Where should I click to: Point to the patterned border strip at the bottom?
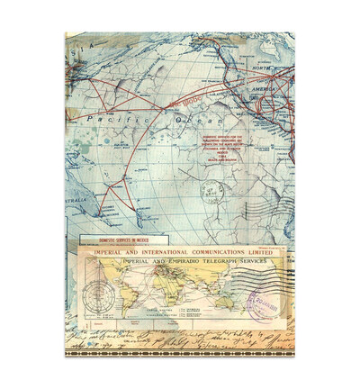click(180, 347)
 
